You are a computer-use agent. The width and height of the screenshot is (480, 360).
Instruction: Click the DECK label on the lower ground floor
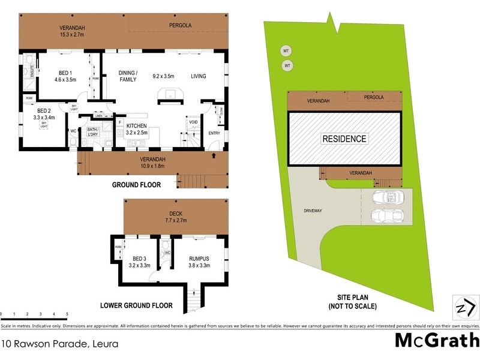pos(176,212)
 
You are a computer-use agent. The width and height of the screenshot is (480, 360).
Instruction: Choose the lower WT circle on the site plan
pos(287,65)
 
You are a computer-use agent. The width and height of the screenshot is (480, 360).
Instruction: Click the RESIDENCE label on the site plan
pos(344,139)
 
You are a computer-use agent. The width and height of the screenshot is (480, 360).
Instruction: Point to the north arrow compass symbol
pos(464,308)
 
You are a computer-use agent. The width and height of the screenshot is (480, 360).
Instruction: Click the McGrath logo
pos(436,341)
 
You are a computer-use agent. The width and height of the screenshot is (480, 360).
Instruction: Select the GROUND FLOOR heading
pos(137,185)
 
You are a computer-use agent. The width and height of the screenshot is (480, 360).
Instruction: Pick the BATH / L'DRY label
pos(92,132)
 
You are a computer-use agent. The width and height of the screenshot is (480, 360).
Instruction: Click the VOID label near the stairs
pos(193,122)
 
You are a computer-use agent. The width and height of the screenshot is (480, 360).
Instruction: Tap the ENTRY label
pos(214,133)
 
